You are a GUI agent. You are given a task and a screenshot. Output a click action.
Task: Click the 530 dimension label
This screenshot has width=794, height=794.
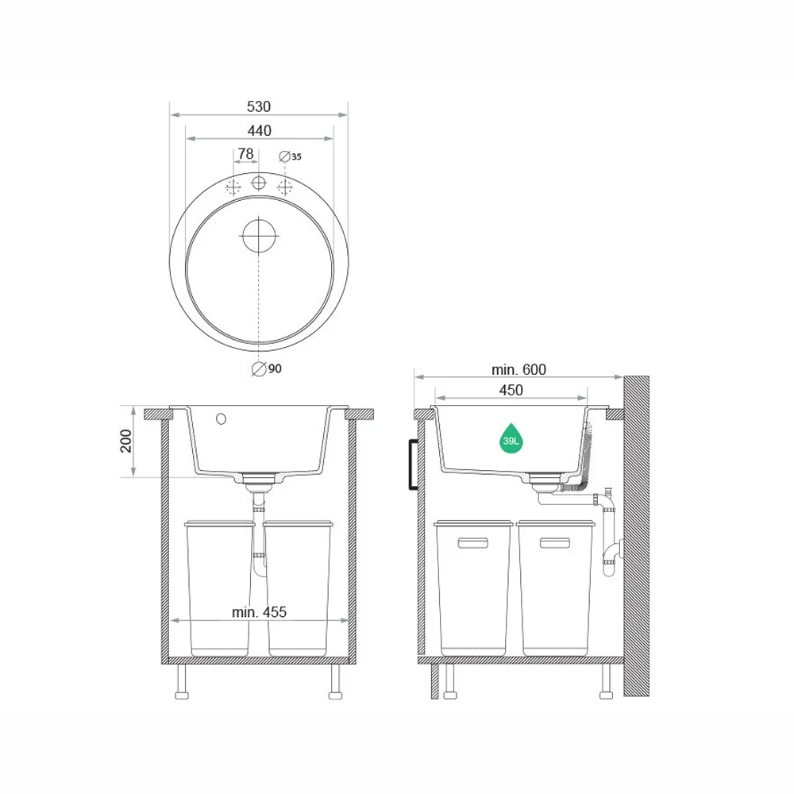pos(259,106)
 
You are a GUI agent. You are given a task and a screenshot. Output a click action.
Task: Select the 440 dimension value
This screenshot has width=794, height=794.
pos(260,131)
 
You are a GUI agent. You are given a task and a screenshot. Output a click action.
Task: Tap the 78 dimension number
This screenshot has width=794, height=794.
pos(245,153)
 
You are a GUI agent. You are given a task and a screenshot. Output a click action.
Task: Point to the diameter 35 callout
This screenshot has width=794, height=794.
pos(290,156)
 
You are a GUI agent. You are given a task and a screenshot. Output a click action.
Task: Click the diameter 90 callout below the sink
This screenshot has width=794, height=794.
pos(267,368)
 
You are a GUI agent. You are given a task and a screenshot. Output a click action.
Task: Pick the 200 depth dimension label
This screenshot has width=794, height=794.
pos(125,441)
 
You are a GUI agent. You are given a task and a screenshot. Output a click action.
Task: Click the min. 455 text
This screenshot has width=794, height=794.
pos(260,612)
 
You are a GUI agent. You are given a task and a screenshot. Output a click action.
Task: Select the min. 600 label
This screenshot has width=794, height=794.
pos(519,370)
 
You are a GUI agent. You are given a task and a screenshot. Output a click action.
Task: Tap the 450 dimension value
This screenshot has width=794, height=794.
pos(511,391)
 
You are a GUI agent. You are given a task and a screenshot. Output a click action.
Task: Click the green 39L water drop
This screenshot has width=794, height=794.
pos(511,438)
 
